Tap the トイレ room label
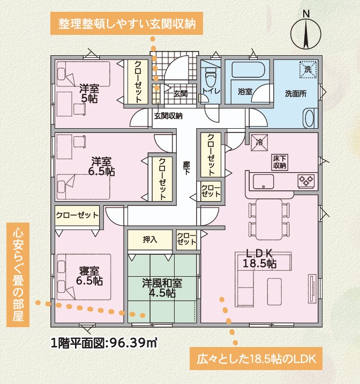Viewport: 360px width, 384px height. point(211,91)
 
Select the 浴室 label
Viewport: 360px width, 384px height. point(245,92)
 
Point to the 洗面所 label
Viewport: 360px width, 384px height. point(296,93)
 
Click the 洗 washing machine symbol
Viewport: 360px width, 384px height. point(308,70)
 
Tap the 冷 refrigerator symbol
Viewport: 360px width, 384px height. point(259,143)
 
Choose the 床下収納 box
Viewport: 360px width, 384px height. point(280,162)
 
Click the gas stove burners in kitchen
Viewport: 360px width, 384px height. point(306,181)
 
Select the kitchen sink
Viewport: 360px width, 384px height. point(264,181)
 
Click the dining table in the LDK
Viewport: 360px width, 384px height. point(269,219)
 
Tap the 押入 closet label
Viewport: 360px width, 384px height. point(150,240)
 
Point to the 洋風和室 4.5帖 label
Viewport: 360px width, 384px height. point(162,288)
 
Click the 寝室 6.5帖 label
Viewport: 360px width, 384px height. point(89,276)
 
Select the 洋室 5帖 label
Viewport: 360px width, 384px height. point(89,93)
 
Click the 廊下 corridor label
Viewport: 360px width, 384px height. point(186,168)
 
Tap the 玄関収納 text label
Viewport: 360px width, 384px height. point(168,116)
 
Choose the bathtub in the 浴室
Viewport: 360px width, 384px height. point(248,70)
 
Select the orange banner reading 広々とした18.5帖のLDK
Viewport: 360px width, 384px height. point(256,359)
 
